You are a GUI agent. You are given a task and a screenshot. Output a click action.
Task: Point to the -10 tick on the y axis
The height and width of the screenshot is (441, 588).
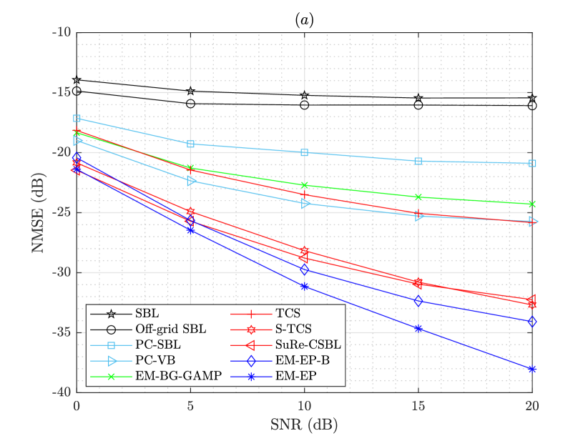61,32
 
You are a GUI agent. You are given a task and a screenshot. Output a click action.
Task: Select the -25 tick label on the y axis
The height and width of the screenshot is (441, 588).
61,212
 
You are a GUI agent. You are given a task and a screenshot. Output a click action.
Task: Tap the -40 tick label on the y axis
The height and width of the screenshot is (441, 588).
61,392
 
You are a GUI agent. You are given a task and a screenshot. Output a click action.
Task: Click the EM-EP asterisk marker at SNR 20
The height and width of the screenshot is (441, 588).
532,369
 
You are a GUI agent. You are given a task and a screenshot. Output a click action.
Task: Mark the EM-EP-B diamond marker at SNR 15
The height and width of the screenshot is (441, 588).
418,301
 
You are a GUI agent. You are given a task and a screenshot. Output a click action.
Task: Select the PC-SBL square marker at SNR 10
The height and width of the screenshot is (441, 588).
305,152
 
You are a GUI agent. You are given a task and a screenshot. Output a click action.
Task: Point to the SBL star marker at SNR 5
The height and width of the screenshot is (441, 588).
190,91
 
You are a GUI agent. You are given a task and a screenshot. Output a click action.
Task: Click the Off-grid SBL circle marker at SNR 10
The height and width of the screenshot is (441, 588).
305,105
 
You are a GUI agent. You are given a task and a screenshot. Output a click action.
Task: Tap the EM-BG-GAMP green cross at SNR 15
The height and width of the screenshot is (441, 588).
418,197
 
